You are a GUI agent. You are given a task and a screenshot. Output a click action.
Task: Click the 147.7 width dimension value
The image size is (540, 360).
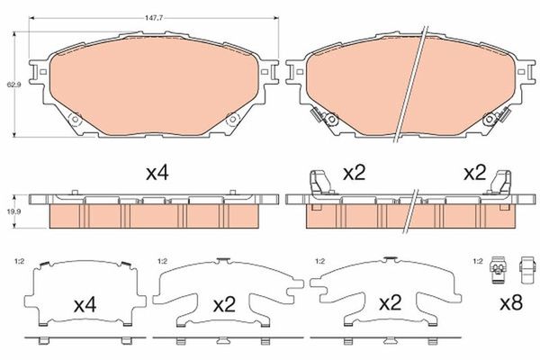154,18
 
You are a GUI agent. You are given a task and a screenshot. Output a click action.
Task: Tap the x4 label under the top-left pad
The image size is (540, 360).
157,173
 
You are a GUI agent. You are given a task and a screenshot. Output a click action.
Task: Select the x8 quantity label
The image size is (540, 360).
511,302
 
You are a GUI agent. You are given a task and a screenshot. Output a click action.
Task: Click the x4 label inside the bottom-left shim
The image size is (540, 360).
85,305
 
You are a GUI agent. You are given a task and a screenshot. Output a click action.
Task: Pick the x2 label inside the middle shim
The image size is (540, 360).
224,305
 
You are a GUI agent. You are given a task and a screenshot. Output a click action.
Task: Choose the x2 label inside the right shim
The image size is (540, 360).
391,302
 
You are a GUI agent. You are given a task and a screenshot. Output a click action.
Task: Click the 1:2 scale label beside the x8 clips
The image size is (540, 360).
478,261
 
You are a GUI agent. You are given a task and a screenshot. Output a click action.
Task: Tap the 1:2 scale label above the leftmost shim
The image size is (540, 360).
19,261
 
